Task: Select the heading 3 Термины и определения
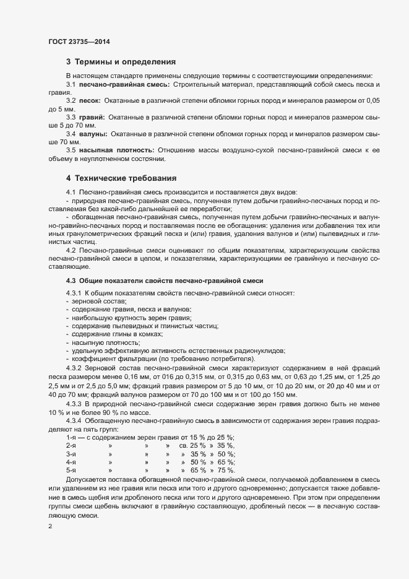coord(121,62)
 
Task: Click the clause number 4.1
coord(71,193)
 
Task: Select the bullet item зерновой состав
coord(90,300)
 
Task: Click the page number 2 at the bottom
coord(50,526)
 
